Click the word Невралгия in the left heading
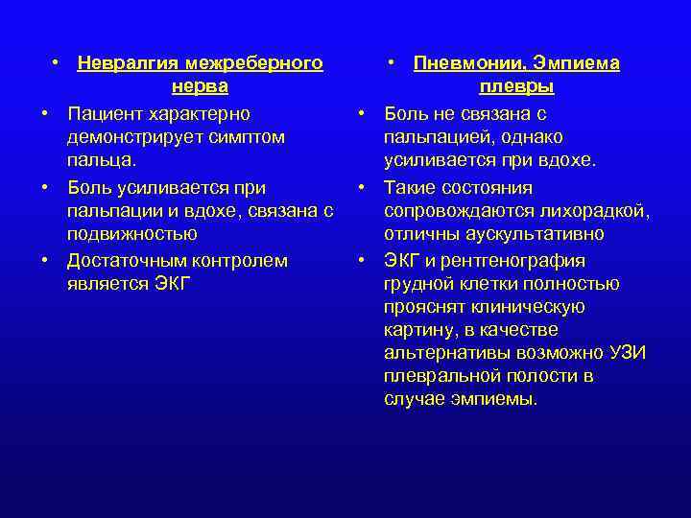coord(128,64)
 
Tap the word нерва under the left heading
coord(200,88)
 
